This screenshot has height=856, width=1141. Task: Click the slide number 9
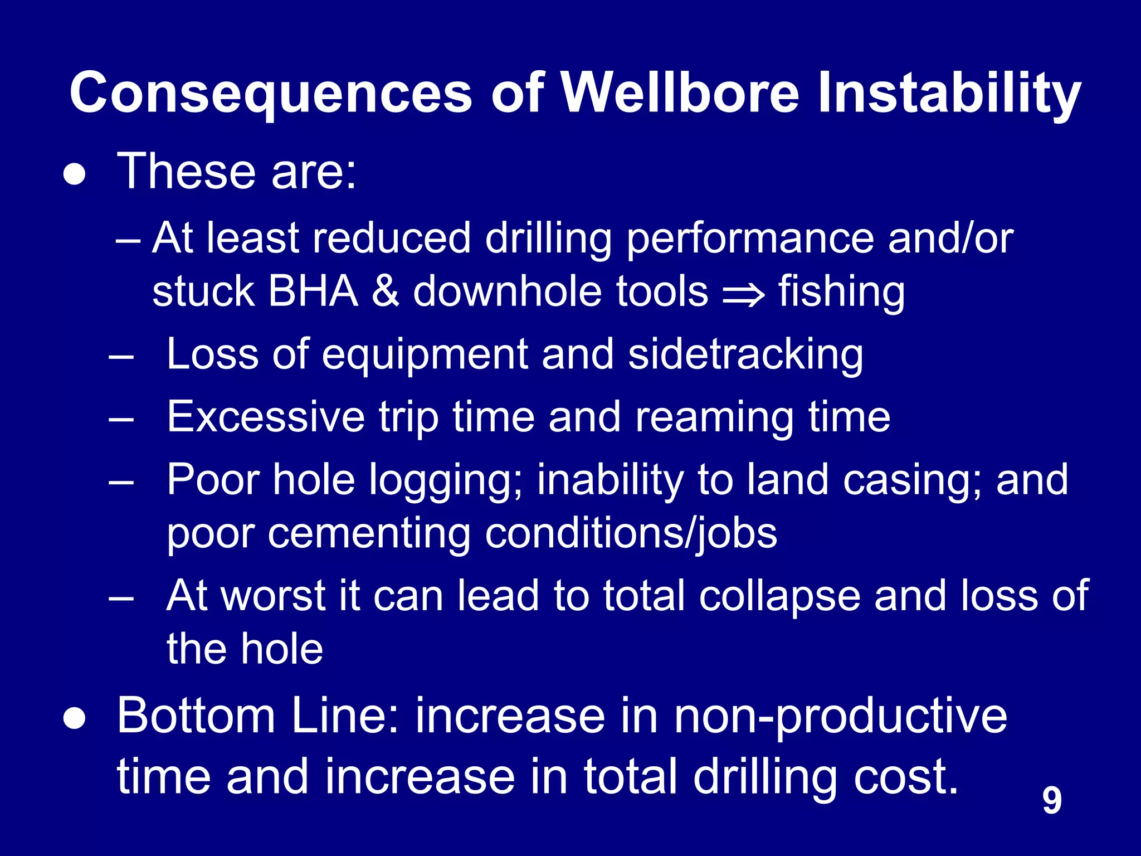(1051, 800)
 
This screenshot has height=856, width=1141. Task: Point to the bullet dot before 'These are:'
(75, 174)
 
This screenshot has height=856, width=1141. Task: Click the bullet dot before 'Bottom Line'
(75, 719)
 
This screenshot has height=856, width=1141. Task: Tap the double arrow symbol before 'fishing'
(743, 294)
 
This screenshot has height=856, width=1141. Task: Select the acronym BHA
(313, 291)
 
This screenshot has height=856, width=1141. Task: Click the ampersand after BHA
(385, 291)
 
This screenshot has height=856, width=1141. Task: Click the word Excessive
(266, 417)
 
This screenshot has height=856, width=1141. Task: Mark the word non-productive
(840, 717)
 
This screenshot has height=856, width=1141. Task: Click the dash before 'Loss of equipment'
(121, 356)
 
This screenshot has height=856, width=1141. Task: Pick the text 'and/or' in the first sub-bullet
(950, 239)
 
